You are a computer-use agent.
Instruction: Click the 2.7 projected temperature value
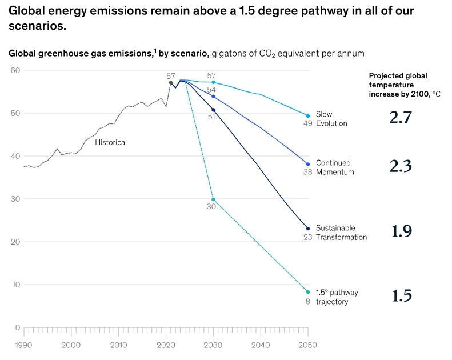coord(401,118)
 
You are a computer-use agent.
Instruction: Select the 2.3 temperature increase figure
coord(401,166)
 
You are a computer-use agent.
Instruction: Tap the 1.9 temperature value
coord(402,231)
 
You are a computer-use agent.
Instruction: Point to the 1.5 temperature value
coord(402,295)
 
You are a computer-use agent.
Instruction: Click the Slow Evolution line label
coord(331,119)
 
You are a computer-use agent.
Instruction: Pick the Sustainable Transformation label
coord(341,233)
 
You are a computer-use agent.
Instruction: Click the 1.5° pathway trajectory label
coord(337,297)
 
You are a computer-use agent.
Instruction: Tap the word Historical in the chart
coord(111,142)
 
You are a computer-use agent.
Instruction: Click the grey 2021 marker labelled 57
coord(171,83)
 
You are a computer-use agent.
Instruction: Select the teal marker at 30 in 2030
coord(213,199)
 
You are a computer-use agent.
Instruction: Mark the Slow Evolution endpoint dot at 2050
coord(308,116)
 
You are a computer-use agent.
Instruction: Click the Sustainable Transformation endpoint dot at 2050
coord(308,229)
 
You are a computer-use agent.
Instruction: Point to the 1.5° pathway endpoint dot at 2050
coord(308,292)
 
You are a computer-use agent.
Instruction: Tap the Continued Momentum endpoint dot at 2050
coord(308,164)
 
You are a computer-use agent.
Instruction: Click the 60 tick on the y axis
coord(15,70)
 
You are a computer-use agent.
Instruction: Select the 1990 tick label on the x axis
coord(23,345)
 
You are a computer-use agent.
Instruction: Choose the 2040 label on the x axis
coord(261,345)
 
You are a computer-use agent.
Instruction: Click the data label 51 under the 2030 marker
coord(211,117)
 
